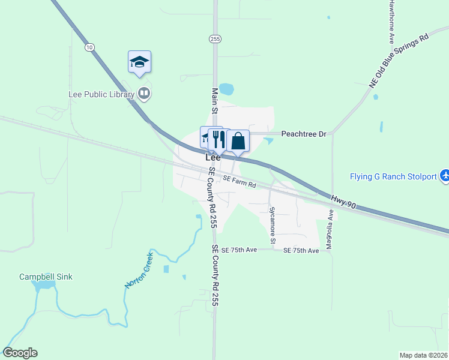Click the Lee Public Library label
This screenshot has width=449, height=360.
101,94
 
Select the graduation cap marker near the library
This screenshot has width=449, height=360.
139,62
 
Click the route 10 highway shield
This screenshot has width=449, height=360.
89,47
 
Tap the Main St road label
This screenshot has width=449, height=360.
215,100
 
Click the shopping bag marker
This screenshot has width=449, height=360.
238,142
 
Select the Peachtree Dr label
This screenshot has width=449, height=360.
303,134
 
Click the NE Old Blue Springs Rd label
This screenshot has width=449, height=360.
399,61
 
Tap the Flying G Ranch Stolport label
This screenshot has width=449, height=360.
393,176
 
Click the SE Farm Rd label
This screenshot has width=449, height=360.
239,181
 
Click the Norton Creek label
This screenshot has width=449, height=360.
139,270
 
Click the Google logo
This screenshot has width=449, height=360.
20,353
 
